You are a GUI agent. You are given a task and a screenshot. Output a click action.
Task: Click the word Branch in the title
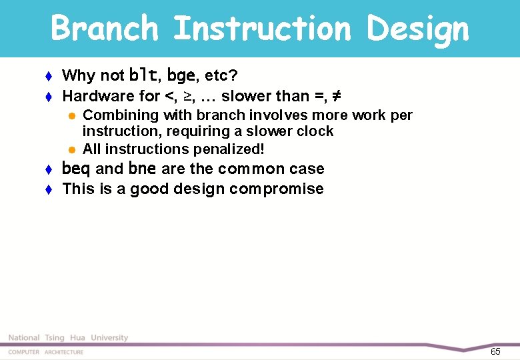[105, 29]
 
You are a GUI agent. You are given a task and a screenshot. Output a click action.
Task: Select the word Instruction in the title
[261, 29]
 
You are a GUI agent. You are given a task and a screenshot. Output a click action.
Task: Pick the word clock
[315, 131]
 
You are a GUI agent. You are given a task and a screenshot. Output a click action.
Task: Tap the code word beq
[76, 169]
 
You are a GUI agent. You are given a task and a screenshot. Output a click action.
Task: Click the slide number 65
[495, 351]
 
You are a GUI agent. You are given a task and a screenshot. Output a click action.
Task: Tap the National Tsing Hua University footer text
[68, 338]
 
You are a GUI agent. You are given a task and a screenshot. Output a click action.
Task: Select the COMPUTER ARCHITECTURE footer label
[46, 352]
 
